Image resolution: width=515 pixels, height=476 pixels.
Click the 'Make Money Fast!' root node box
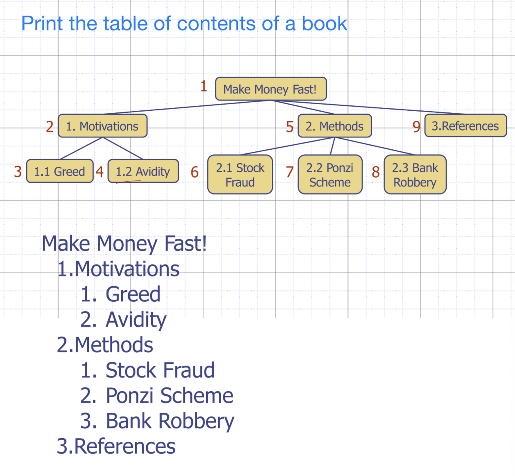click(x=271, y=89)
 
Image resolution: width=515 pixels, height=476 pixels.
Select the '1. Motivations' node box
click(x=102, y=126)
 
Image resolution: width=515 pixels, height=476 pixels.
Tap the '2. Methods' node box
click(x=334, y=126)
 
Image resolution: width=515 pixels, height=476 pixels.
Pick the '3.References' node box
click(x=465, y=126)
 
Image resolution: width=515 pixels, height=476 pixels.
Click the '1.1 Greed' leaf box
click(x=59, y=171)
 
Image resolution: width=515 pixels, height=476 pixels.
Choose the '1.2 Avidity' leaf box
click(x=143, y=171)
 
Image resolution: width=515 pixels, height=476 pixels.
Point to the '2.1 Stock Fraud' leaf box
click(x=240, y=174)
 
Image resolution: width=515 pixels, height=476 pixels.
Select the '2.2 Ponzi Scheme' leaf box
click(x=330, y=174)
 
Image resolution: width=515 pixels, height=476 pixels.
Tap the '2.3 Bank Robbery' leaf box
click(x=415, y=174)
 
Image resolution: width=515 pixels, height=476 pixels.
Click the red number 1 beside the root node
click(x=204, y=86)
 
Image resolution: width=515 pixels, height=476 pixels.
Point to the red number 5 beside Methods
click(x=290, y=127)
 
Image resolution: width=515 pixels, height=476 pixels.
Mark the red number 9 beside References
click(x=416, y=127)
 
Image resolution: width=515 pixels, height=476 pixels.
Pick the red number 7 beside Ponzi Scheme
click(x=290, y=172)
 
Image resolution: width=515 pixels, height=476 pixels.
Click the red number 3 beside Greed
click(x=18, y=172)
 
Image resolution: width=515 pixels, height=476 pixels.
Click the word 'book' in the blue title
click(x=324, y=24)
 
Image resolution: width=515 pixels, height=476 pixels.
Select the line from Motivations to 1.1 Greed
click(x=81, y=148)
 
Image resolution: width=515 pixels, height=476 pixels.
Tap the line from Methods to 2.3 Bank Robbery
click(x=374, y=146)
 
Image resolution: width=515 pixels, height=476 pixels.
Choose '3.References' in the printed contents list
click(x=116, y=446)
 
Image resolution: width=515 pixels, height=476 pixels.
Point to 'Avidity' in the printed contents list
click(x=136, y=320)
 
